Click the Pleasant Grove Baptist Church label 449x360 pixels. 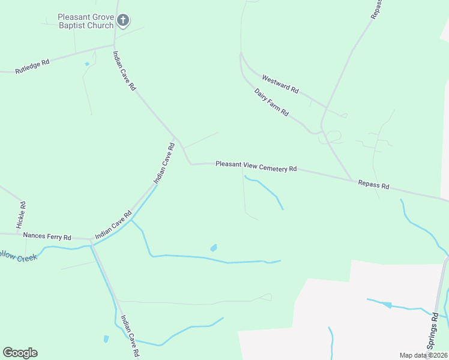86,21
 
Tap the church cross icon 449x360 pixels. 122,22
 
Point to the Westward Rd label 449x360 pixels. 280,83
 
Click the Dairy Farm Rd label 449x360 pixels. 271,103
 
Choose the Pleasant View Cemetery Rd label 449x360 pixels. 256,166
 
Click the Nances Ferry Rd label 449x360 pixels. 47,236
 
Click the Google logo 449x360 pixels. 20,353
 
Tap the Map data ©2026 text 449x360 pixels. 423,355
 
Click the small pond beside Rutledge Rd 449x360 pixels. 87,64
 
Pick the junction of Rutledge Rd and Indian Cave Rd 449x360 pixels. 114,45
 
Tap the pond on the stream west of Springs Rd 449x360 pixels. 388,305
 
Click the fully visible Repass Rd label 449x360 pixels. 373,185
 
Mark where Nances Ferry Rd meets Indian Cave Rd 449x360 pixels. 91,240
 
